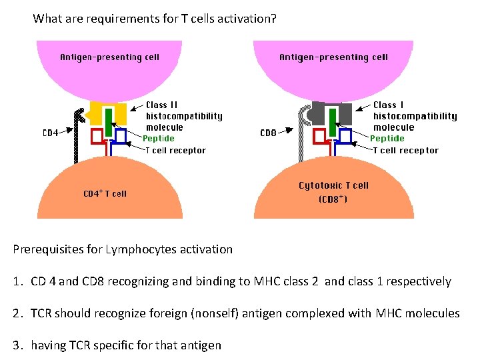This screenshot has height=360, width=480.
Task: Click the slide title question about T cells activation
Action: pos(154,19)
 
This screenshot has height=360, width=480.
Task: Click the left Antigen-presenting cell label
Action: pos(109,57)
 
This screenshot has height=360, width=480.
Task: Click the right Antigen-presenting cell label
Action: pos(333,57)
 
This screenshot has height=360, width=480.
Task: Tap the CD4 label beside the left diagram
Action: pos(50,133)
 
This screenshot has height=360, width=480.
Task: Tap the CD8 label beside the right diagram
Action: pos(268,133)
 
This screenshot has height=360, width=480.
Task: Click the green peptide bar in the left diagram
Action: pos(108,117)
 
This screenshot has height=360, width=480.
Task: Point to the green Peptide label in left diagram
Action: pos(159,139)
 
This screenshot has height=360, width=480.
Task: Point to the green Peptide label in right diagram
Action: pos(387,139)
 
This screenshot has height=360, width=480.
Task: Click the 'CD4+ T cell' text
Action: pos(105,194)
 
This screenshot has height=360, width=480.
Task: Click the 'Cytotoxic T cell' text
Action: pos(333,185)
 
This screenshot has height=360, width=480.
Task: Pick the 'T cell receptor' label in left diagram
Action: pos(176,151)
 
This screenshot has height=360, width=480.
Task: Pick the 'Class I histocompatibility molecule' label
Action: pos(415,116)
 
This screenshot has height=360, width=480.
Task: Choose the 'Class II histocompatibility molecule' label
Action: pos(184,116)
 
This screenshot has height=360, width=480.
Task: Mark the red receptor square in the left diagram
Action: pos(97,136)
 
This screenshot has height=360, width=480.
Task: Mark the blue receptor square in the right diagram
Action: pos(345,136)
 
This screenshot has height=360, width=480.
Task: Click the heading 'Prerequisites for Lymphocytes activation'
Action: pos(123,250)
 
